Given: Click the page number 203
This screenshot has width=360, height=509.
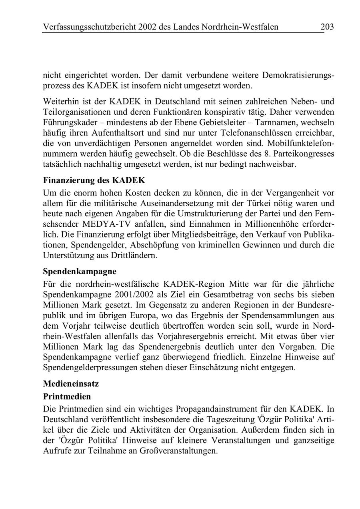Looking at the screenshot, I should tap(327, 27).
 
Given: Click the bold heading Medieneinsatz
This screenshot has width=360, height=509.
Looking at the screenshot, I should tap(71, 383).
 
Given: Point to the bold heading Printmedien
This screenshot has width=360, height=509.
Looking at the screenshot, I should tap(67, 397).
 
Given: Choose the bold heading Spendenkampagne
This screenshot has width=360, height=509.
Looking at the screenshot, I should tap(80, 271).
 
